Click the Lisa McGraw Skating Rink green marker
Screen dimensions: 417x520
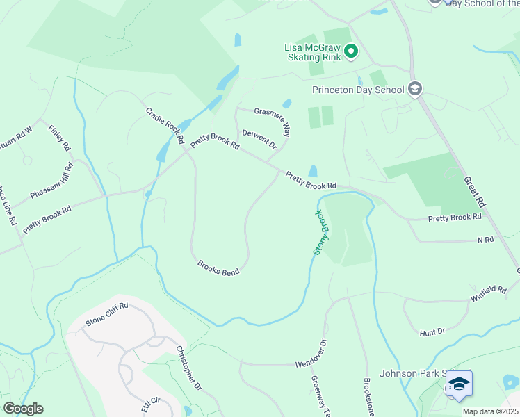pyautogui.click(x=351, y=51)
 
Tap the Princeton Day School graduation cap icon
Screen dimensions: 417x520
pyautogui.click(x=415, y=88)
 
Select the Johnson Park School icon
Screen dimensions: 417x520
pyautogui.click(x=459, y=385)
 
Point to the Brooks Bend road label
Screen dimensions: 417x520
pyautogui.click(x=218, y=268)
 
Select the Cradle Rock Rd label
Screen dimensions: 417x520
pyautogui.click(x=165, y=126)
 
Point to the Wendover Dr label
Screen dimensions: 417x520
pyautogui.click(x=311, y=354)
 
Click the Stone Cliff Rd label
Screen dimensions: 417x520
pyautogui.click(x=107, y=314)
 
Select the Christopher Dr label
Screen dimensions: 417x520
pyautogui.click(x=188, y=368)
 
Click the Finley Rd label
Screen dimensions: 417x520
pyautogui.click(x=59, y=137)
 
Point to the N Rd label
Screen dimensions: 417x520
pyautogui.click(x=485, y=239)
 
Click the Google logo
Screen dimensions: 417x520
pyautogui.click(x=24, y=408)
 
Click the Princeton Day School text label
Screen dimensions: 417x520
pyautogui.click(x=358, y=90)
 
